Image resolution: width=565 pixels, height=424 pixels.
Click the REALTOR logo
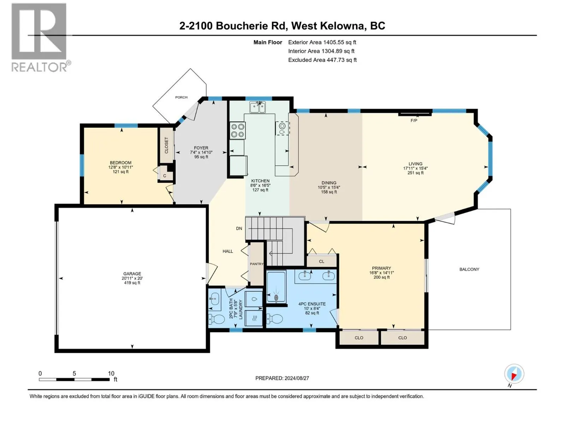[39, 37]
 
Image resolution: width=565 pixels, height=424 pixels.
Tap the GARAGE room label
[132, 273]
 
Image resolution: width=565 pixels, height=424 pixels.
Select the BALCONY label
[469, 269]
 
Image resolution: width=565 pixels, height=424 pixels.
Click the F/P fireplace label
[414, 120]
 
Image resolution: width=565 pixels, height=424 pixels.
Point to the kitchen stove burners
[237, 130]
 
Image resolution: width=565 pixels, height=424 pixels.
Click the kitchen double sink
[257, 107]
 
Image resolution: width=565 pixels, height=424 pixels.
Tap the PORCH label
[181, 97]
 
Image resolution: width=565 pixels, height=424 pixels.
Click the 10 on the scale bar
[111, 373]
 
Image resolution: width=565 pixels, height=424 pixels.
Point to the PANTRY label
[257, 264]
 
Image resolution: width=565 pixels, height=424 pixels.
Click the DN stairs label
[239, 228]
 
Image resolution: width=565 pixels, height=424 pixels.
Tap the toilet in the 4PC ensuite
[275, 319]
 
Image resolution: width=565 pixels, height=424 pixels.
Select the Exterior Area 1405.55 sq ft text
[322, 42]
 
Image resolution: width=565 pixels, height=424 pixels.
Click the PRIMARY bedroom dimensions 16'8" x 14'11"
[381, 273]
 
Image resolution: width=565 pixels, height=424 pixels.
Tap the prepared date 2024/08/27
[297, 378]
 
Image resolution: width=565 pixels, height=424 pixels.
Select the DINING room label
[329, 183]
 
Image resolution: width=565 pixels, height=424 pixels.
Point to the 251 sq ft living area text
[415, 173]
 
